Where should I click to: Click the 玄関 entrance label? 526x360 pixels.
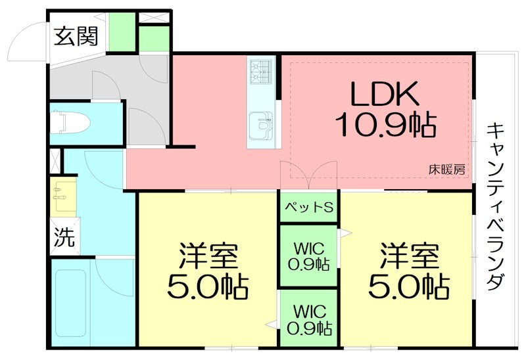(75, 35)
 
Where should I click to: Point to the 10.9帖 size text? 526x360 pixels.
(384, 124)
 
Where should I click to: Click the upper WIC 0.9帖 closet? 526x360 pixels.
(309, 256)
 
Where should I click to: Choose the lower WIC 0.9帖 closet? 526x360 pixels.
(309, 319)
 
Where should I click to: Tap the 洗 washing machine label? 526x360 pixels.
(64, 236)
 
